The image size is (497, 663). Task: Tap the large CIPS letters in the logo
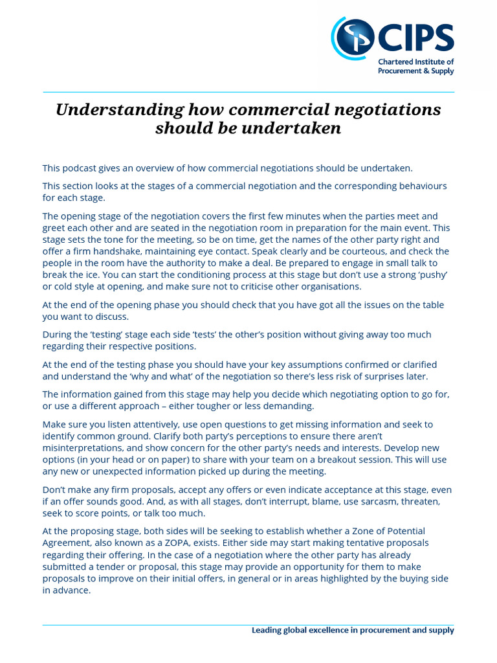(414, 39)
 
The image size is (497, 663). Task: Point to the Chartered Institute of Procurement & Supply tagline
(416, 67)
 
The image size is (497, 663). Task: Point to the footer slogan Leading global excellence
(353, 630)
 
